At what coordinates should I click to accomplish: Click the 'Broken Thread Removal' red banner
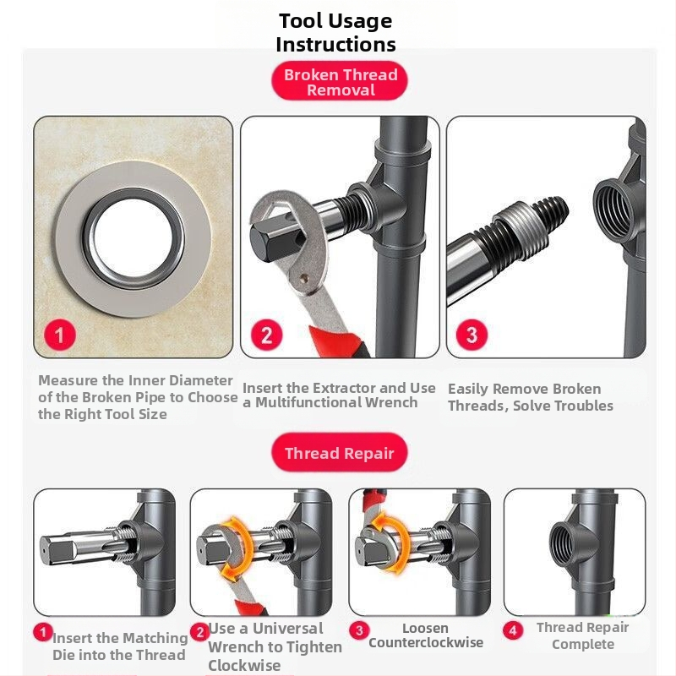(x=340, y=80)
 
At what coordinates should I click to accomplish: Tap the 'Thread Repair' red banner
(x=340, y=453)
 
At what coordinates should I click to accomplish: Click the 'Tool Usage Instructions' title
(x=335, y=32)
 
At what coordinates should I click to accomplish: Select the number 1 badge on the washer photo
(x=59, y=335)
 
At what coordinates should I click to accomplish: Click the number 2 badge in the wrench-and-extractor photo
(x=267, y=335)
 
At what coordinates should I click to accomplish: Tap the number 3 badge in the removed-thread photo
(x=472, y=334)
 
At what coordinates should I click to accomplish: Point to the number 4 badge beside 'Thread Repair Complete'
(x=513, y=630)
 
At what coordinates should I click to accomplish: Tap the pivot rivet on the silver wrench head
(x=305, y=279)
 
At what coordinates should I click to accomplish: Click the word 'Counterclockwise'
(x=426, y=642)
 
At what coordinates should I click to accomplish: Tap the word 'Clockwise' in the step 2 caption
(x=244, y=665)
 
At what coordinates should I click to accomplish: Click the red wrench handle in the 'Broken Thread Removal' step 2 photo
(x=341, y=341)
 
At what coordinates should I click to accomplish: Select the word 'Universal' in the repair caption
(x=287, y=629)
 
